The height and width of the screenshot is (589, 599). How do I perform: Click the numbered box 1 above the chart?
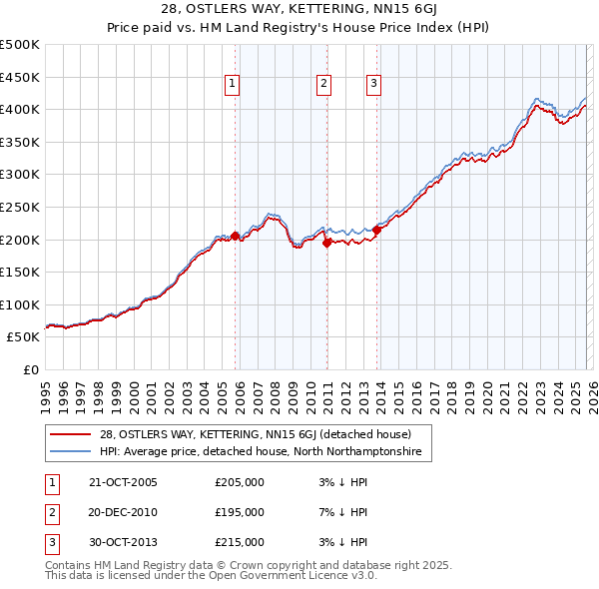point(231,85)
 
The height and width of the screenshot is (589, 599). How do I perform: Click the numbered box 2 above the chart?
point(324,85)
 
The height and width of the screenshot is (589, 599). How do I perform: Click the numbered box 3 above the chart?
point(373,85)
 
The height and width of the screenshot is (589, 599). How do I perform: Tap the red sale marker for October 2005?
point(236,237)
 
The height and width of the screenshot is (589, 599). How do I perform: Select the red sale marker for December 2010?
point(326,242)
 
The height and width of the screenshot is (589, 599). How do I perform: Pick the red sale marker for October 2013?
point(377,230)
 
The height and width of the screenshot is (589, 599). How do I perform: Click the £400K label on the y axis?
point(21,109)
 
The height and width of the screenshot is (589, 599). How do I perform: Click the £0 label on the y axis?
point(30,370)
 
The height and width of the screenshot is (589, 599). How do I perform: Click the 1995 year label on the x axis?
point(46,395)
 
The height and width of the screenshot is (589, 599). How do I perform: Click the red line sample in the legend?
point(71,434)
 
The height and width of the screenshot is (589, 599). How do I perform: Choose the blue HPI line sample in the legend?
point(71,452)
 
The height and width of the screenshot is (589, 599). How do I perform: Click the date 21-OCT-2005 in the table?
point(123,482)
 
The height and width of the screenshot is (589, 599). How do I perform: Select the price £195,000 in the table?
point(240,512)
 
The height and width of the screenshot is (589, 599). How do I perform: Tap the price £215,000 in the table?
point(240,542)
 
